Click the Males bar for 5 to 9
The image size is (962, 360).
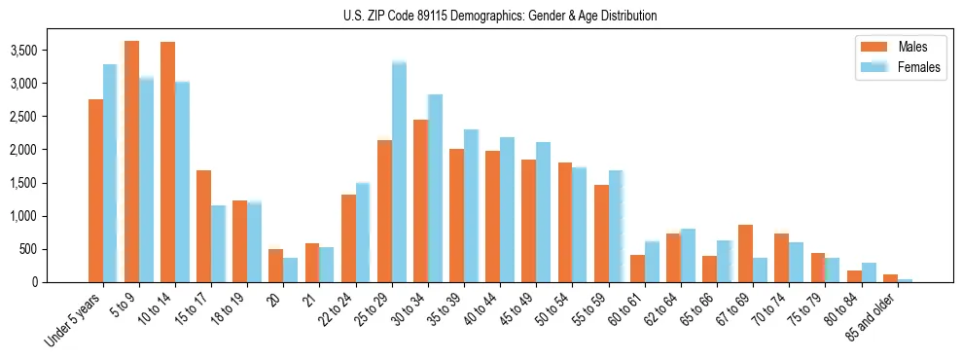coord(131,162)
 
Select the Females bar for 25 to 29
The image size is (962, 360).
coord(399,171)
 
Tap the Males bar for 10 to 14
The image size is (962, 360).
coord(167,162)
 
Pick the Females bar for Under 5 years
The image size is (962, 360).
coord(110,173)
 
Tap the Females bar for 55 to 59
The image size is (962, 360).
coord(616,227)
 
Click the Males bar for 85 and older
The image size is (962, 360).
coord(890,278)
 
